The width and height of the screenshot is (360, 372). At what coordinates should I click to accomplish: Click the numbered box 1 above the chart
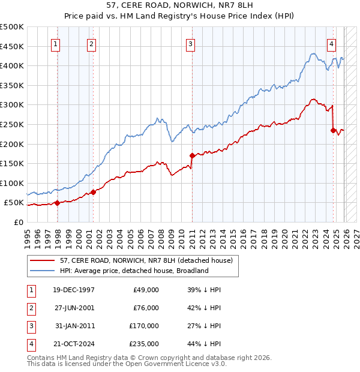pyautogui.click(x=55, y=43)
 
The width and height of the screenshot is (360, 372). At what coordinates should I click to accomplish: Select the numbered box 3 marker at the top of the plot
pyautogui.click(x=190, y=43)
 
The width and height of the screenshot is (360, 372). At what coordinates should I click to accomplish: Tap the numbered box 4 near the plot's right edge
pyautogui.click(x=331, y=43)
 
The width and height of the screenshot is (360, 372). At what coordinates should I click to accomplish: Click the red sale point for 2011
pyautogui.click(x=192, y=155)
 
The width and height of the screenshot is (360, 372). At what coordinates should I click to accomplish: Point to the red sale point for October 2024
pyautogui.click(x=333, y=130)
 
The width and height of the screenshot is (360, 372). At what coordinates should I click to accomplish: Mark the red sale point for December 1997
pyautogui.click(x=58, y=203)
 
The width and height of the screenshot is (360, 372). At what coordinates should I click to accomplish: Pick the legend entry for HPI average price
pyautogui.click(x=134, y=271)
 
